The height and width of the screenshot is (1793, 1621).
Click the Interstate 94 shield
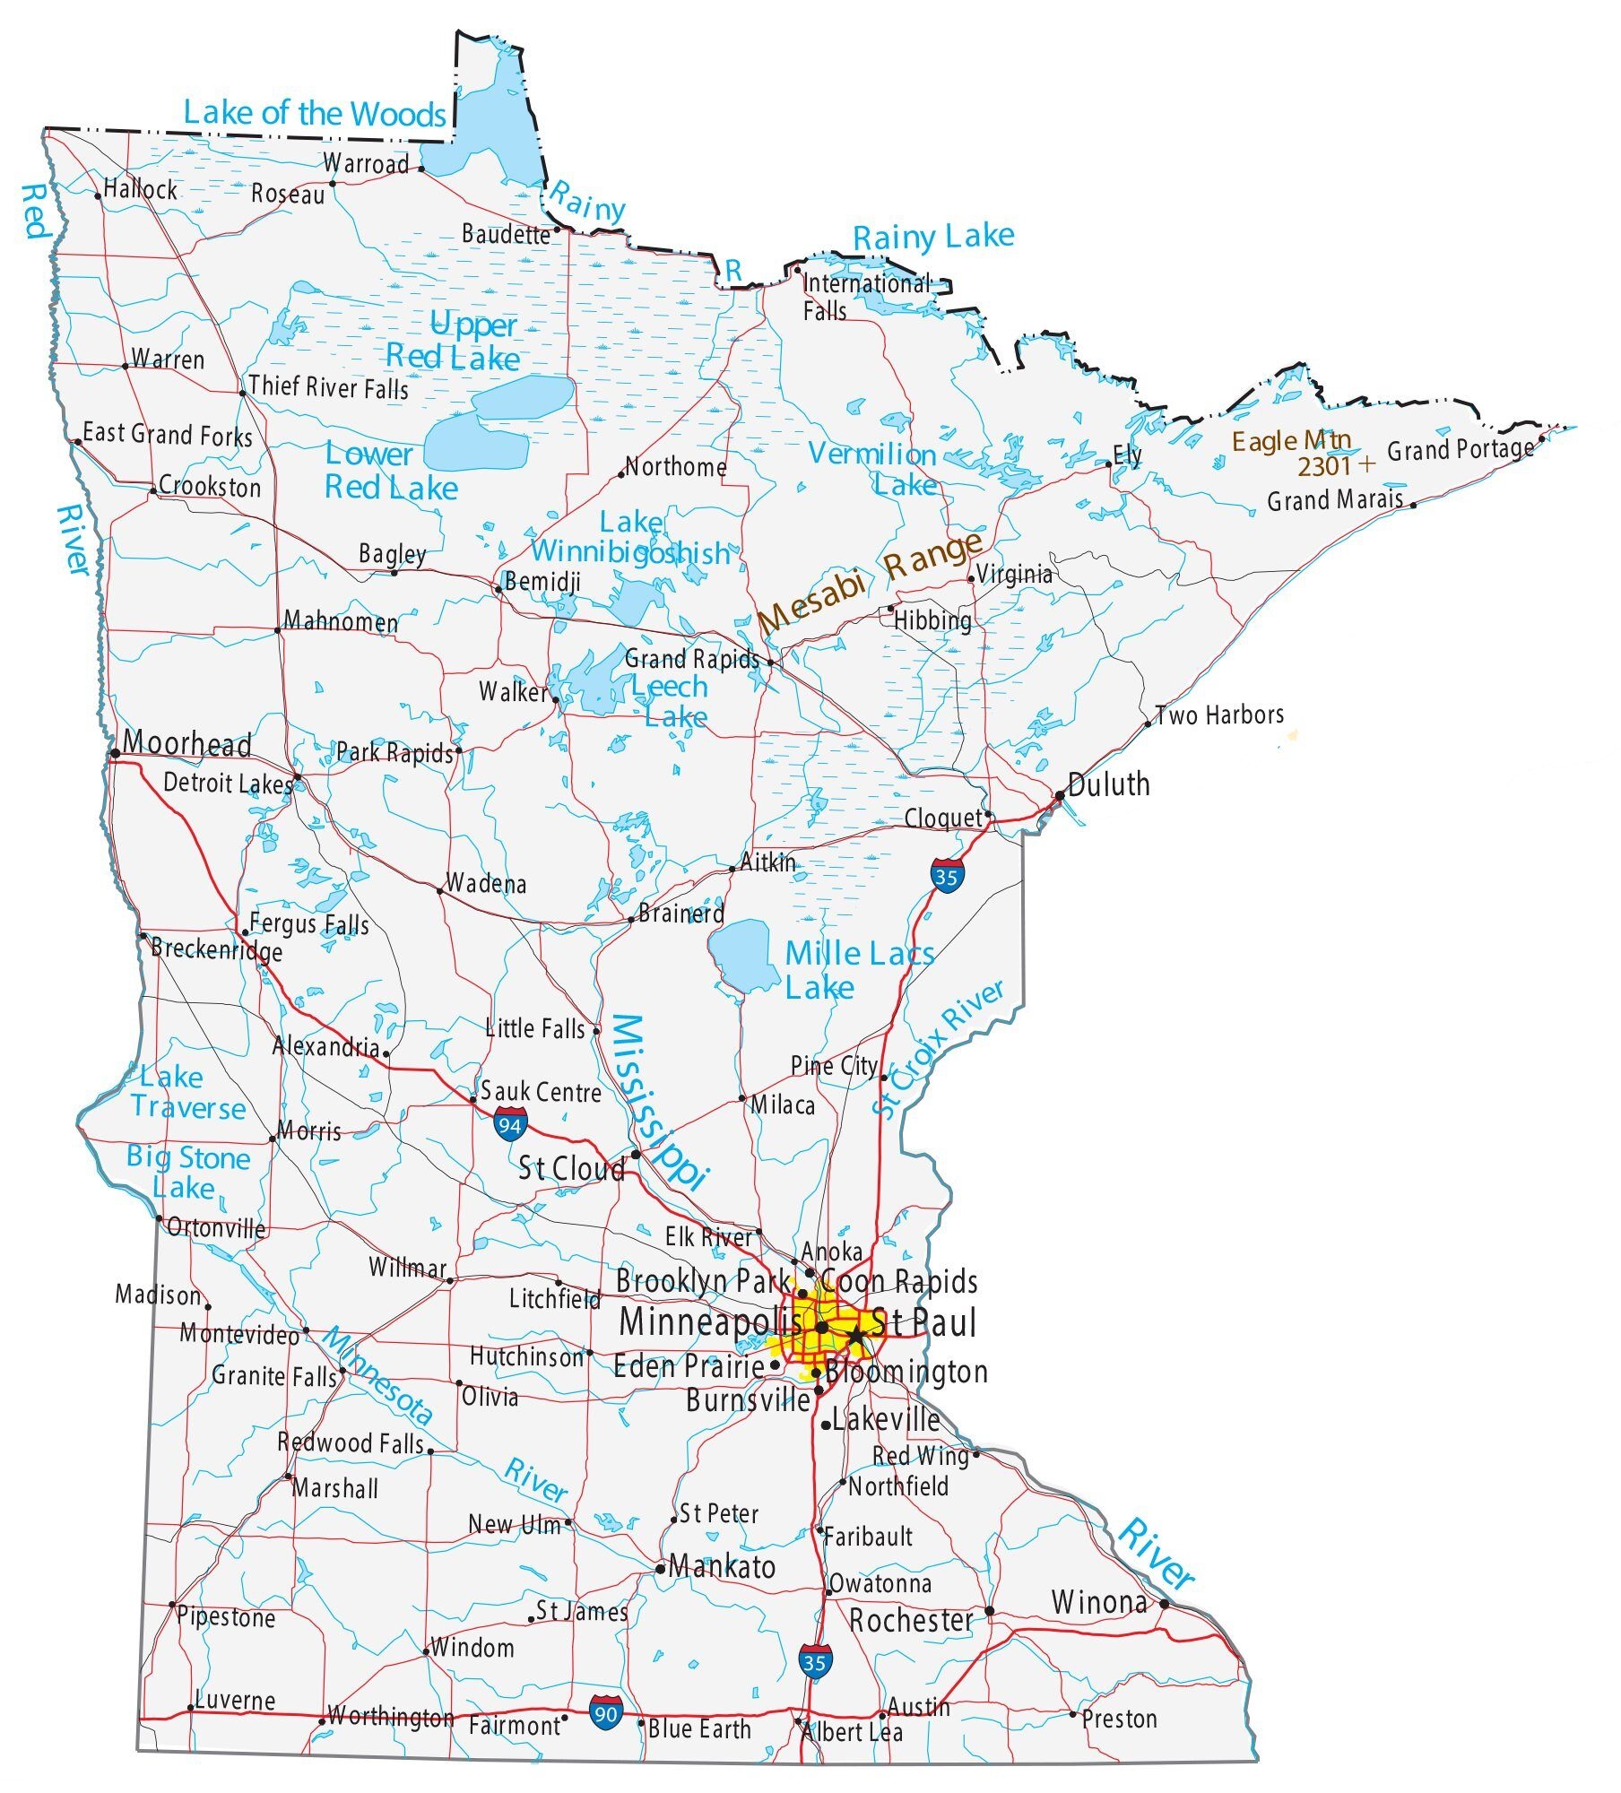510,1123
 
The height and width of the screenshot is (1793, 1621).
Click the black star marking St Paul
856,1337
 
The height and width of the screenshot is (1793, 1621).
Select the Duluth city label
1109,784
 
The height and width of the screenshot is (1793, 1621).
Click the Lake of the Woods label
314,114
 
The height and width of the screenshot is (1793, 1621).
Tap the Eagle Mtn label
1290,441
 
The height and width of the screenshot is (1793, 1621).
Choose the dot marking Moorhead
116,753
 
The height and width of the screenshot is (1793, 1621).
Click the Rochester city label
911,1621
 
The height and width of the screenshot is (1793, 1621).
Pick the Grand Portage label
1460,449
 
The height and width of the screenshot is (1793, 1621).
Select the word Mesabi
811,601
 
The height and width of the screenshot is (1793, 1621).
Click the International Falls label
864,297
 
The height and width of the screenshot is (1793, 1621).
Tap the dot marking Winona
1164,1604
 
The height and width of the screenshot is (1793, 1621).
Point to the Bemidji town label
542,582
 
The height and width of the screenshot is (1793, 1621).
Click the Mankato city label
722,1566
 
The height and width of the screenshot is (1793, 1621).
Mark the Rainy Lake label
932,238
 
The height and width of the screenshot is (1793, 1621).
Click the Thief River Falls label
328,387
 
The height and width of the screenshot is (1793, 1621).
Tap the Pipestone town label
226,1616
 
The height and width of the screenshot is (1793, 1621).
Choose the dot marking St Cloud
636,1154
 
